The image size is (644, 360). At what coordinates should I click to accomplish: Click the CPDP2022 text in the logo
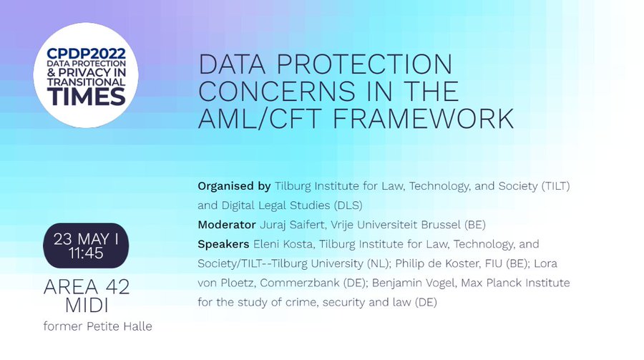click(x=86, y=54)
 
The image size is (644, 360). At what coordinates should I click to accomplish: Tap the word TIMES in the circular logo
click(x=86, y=97)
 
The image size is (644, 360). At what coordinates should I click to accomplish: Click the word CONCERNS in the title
click(x=276, y=91)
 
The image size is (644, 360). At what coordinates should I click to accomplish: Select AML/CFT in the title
click(x=260, y=118)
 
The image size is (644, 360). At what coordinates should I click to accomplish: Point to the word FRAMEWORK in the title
click(x=423, y=118)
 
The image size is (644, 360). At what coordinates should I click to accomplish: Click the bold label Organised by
click(x=234, y=186)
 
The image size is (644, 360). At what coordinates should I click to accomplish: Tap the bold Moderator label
click(x=227, y=225)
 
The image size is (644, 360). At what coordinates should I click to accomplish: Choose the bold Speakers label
click(x=223, y=244)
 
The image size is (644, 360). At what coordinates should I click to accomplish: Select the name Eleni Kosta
click(x=284, y=244)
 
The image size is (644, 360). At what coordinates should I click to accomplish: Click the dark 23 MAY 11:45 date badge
click(x=86, y=245)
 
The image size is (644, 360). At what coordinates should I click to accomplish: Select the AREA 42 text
click(x=87, y=287)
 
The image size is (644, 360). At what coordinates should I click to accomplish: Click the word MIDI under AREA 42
click(x=87, y=306)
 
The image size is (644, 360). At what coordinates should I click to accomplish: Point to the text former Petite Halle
click(x=98, y=326)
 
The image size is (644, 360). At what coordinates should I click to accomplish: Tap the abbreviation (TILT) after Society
click(x=556, y=186)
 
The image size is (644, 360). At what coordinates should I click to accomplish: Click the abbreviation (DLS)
click(x=348, y=205)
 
